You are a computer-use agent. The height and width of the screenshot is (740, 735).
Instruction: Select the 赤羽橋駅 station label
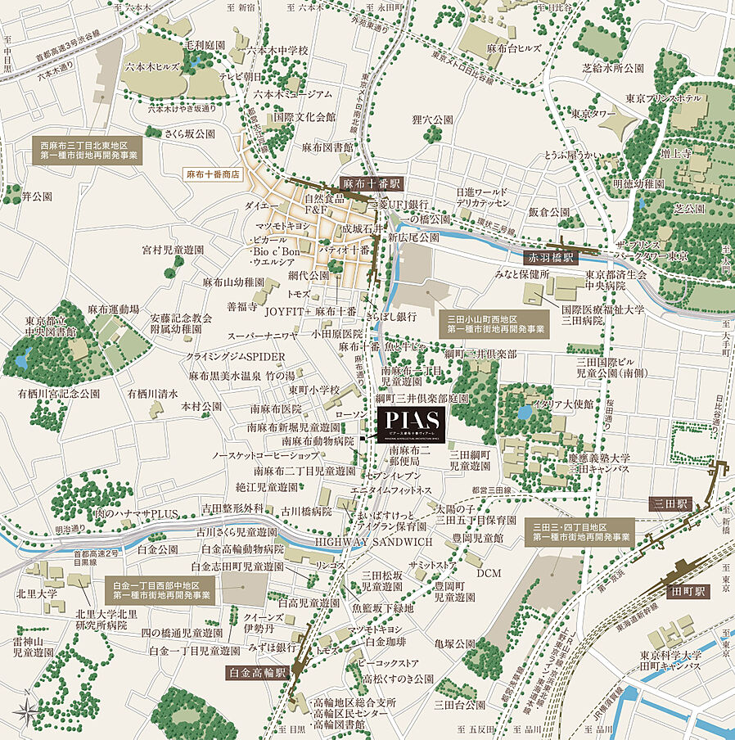[x=551, y=257]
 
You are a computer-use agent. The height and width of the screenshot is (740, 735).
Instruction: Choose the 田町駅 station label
[x=691, y=589]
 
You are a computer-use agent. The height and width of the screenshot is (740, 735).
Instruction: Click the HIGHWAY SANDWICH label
[x=373, y=542]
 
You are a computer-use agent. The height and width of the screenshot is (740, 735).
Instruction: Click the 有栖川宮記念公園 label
[x=59, y=394]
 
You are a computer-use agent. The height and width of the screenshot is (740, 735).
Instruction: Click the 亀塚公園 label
[x=455, y=643]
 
